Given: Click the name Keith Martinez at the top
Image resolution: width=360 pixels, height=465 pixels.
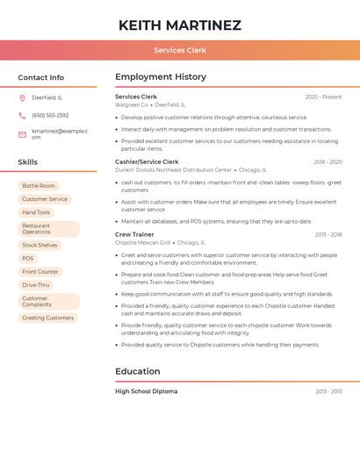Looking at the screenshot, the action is [179, 25].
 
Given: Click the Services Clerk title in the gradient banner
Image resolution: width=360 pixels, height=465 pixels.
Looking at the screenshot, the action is [179, 50].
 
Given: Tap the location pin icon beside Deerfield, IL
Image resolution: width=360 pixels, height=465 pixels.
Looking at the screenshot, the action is [22, 97].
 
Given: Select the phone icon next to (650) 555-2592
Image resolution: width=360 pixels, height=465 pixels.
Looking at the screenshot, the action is [22, 115].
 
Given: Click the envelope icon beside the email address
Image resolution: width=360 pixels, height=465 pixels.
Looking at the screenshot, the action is [22, 134].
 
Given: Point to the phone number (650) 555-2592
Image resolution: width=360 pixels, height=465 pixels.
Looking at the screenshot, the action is [50, 115].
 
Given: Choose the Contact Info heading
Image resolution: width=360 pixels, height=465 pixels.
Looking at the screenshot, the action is [40, 77].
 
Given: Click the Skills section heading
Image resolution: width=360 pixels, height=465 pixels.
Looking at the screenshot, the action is [27, 162].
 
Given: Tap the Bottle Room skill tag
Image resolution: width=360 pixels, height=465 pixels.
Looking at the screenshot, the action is [39, 186].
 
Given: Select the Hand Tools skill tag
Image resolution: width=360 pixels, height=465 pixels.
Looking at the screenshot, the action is [36, 212].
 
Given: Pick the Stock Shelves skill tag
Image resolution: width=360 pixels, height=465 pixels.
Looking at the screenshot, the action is [40, 245].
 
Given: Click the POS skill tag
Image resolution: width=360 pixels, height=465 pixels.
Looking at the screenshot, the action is [28, 258].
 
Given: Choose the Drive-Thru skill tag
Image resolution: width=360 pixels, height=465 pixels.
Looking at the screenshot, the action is [36, 285].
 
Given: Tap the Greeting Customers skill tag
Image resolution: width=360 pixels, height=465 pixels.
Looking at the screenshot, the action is [48, 318].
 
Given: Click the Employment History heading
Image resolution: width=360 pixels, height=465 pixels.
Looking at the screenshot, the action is [161, 77].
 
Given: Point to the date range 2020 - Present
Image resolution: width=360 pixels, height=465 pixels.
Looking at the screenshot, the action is [323, 97].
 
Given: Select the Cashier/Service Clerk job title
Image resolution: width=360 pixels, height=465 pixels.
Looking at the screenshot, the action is [147, 161].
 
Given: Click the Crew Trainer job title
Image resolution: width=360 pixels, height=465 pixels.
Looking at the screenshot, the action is [134, 234].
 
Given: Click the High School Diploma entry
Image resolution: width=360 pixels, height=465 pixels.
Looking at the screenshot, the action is [146, 391].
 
